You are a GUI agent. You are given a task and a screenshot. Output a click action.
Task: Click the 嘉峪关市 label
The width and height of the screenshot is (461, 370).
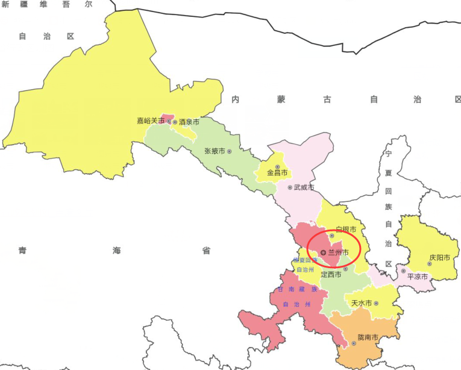click(150, 121)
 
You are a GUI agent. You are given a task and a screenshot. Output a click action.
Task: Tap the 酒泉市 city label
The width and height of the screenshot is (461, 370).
click(189, 122)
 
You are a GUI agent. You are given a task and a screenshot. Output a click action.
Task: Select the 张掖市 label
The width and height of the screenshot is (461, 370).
click(215, 151)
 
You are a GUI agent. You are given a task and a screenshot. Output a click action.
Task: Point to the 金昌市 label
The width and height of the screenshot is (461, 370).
click(277, 173)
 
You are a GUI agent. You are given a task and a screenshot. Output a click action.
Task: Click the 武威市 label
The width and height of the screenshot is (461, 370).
click(304, 187)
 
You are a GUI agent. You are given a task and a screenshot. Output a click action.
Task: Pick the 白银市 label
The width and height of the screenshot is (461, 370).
click(346, 230)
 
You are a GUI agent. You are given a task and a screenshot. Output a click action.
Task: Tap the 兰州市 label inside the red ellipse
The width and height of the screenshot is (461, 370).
click(338, 252)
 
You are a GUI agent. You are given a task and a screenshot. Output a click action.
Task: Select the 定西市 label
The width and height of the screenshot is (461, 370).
click(331, 274)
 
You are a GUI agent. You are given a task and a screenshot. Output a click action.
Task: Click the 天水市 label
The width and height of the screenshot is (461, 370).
click(362, 303)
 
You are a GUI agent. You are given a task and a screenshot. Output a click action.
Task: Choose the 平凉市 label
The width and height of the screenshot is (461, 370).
click(417, 277)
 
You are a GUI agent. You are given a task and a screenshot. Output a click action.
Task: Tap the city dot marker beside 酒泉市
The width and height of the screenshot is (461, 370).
click(175, 122)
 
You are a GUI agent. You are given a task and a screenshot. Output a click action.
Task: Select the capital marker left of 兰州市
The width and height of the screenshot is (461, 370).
click(323, 252)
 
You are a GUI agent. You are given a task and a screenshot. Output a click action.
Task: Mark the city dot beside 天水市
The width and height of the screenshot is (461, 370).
click(375, 303)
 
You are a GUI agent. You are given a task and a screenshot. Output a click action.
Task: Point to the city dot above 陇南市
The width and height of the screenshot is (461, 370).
click(354, 343)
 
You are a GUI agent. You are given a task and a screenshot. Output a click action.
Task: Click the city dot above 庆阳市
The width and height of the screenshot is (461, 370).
click(430, 263)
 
